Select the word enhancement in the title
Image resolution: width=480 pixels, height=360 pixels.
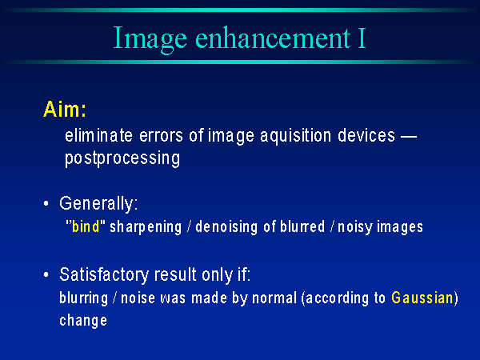(273, 38)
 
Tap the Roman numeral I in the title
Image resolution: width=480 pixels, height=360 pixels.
(362, 38)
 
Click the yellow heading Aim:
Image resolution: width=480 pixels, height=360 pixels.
(65, 110)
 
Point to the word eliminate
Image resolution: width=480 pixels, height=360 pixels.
(98, 135)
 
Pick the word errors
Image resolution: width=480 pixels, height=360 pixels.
(161, 136)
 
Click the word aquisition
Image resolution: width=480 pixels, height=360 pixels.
(296, 137)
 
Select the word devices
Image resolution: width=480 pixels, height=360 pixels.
(366, 135)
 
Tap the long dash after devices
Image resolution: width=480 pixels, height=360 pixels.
(409, 137)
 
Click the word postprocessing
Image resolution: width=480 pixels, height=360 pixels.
(122, 159)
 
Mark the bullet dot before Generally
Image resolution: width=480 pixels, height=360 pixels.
(46, 203)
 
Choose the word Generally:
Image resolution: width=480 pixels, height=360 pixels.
(98, 204)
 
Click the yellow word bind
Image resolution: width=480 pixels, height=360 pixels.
(86, 227)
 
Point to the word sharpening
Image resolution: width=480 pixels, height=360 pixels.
(146, 228)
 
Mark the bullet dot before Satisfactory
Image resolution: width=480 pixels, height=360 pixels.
(46, 274)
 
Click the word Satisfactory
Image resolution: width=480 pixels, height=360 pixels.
(104, 274)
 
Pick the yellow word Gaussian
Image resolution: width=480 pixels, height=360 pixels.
(422, 298)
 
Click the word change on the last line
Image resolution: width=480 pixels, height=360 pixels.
(83, 321)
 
